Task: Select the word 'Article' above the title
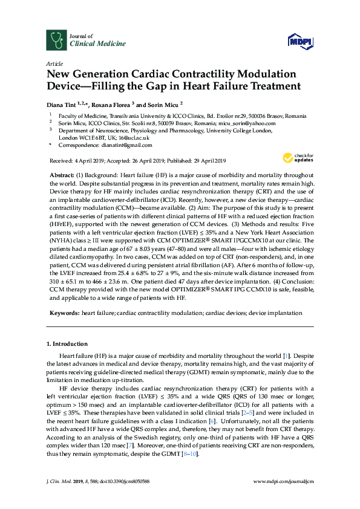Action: [x=53, y=63]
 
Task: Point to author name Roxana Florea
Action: [x=114, y=105]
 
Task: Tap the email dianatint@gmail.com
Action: [x=126, y=145]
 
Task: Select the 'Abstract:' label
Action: [x=62, y=174]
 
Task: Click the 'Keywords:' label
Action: [x=64, y=313]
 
